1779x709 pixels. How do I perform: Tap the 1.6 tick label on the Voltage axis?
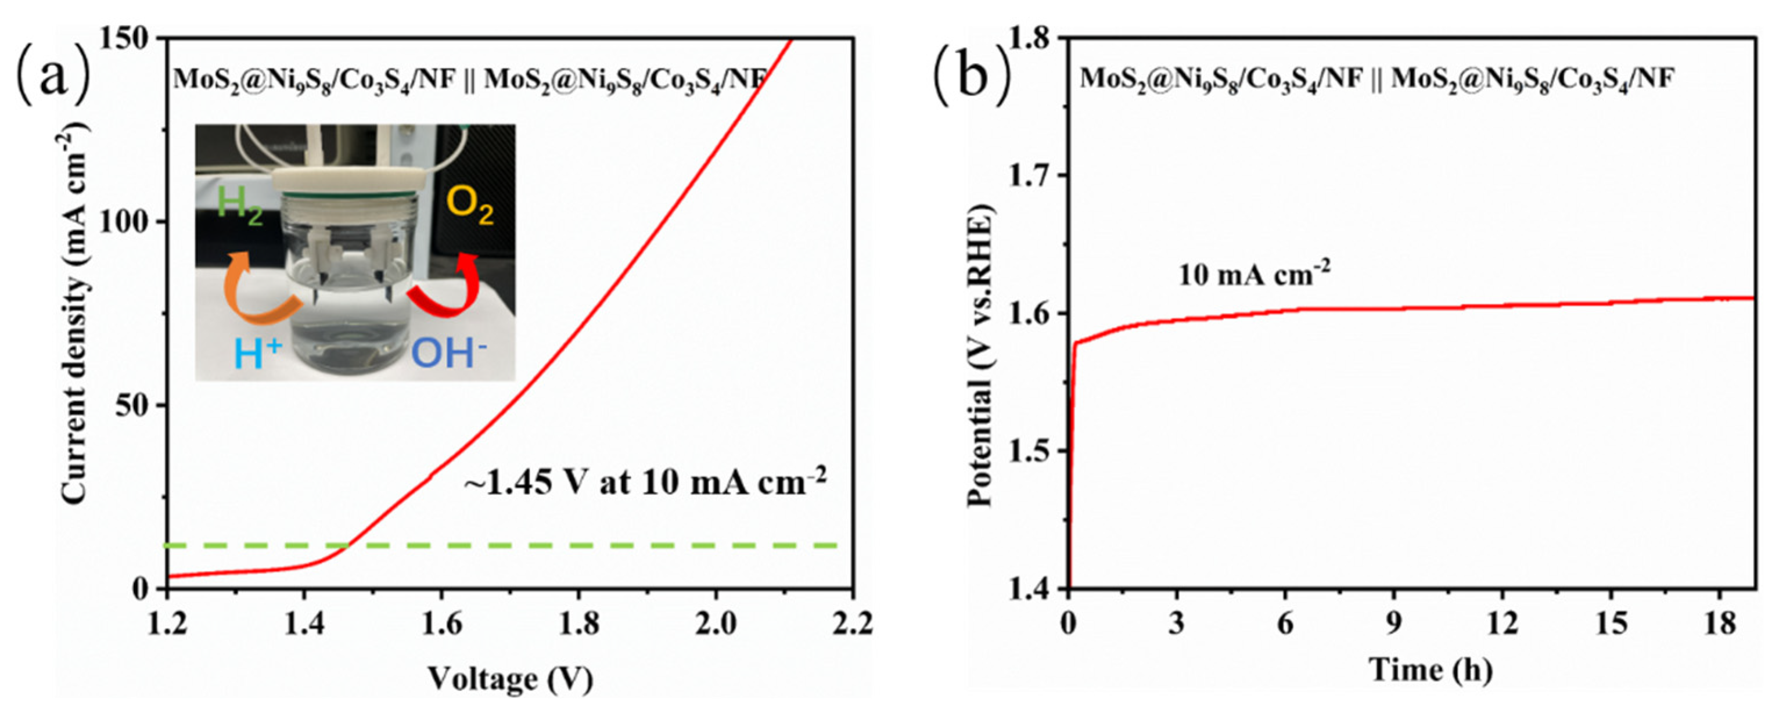441,625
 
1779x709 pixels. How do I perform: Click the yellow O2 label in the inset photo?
470,206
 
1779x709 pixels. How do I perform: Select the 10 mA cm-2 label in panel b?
1253,275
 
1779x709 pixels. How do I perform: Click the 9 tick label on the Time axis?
1393,625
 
